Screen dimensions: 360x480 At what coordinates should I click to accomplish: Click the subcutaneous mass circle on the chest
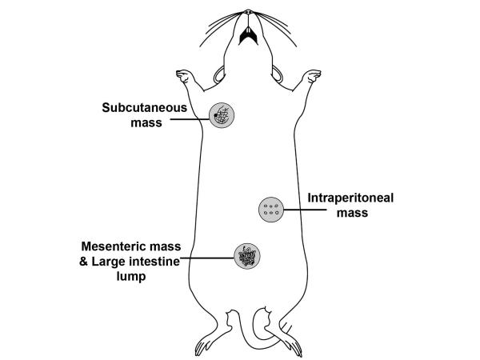(x=222, y=116)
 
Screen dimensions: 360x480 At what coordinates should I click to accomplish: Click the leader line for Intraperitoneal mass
(x=304, y=210)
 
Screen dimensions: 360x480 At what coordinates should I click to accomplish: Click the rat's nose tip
(x=249, y=12)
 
